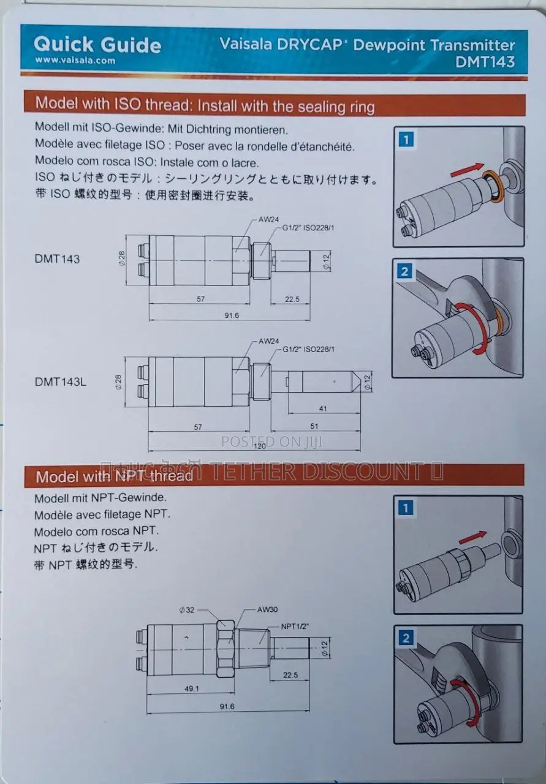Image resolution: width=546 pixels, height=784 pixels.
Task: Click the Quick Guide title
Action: [97, 44]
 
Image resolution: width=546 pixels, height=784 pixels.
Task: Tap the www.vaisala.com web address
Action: [75, 61]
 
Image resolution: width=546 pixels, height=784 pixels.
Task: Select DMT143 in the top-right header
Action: [485, 61]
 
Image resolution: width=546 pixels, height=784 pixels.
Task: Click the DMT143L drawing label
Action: [61, 382]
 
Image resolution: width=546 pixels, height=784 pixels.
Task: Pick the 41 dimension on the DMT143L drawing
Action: [323, 408]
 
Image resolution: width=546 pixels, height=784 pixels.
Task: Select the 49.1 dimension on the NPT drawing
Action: [192, 688]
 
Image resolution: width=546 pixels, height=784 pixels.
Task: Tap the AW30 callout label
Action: [268, 610]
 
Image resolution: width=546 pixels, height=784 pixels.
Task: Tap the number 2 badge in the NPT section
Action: [406, 639]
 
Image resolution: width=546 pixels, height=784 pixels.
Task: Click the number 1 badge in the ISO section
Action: [406, 140]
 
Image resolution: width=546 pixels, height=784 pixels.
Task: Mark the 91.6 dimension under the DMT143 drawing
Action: [232, 315]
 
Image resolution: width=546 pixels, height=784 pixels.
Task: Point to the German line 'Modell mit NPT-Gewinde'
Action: [100, 498]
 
